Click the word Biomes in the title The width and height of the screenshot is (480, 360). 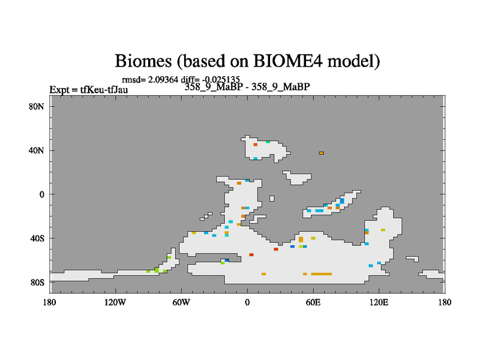point(143,61)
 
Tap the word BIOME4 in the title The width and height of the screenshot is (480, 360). point(288,61)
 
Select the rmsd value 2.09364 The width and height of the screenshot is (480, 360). point(163,80)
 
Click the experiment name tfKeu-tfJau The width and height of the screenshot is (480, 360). point(104,89)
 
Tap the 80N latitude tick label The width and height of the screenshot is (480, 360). point(36,107)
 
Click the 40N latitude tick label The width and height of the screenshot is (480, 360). point(36,151)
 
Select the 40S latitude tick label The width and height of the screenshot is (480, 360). point(37,238)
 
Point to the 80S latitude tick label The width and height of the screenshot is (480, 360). point(37,282)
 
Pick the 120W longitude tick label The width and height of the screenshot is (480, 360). point(115,302)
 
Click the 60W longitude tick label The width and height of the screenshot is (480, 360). point(181,302)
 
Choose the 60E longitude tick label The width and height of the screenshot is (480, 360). point(313,302)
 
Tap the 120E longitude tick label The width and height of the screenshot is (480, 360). point(379,302)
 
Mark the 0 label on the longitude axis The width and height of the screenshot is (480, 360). point(247,302)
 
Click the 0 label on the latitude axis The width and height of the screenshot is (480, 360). point(41,194)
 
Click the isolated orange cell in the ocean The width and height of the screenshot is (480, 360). point(321,153)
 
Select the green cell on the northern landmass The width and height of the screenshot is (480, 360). point(268,142)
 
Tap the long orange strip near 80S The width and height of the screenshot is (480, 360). point(321,274)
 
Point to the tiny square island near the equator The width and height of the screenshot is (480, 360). point(272,199)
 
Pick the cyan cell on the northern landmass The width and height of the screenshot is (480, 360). point(256,158)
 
